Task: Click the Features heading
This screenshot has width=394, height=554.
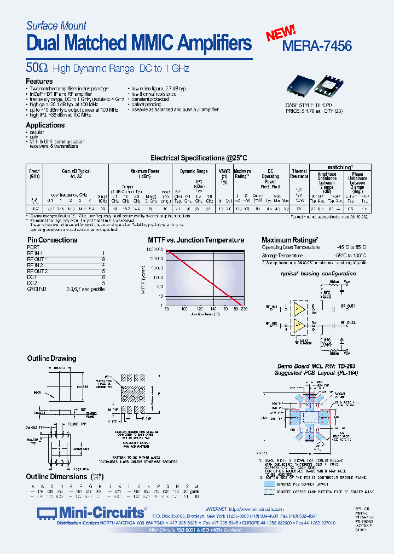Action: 39,81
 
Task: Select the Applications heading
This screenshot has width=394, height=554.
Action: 45,125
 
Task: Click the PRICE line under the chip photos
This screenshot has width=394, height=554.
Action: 314,111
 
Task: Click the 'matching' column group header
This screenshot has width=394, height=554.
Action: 340,167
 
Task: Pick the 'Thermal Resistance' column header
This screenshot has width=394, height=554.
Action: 299,174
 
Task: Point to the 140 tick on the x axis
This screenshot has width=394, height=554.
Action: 212,310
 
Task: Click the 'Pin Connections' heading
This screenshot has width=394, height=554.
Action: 53,240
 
